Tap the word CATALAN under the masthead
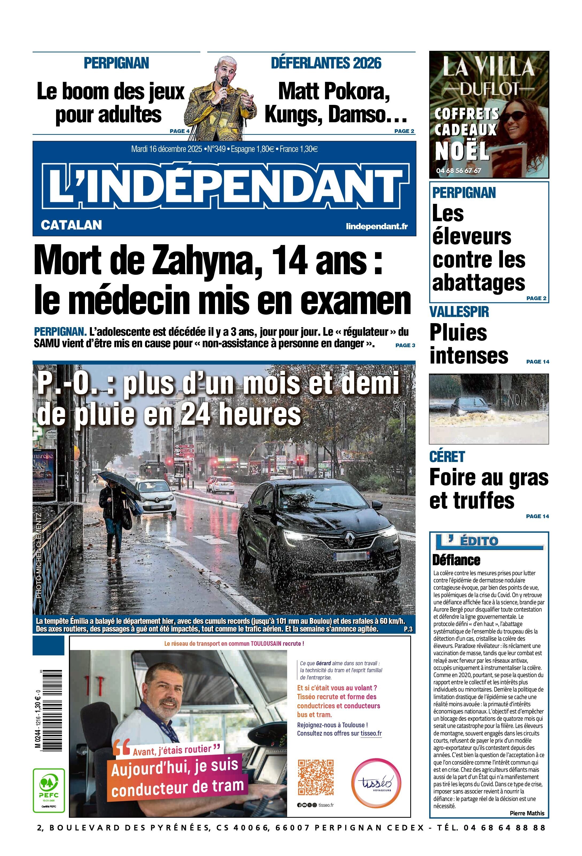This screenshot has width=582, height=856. pyautogui.click(x=71, y=225)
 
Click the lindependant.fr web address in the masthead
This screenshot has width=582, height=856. pyautogui.click(x=377, y=226)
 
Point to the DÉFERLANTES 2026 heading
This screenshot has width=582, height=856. pyautogui.click(x=326, y=63)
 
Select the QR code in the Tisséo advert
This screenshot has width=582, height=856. pyautogui.click(x=315, y=777)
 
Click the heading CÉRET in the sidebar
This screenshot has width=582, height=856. pyautogui.click(x=447, y=457)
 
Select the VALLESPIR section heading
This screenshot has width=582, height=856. pyautogui.click(x=459, y=312)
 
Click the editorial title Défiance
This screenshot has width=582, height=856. pyautogui.click(x=456, y=560)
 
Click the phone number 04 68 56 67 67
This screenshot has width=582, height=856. pyautogui.click(x=458, y=171)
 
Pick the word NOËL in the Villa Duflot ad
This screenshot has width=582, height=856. pyautogui.click(x=462, y=151)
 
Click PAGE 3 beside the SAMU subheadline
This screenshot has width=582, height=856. pyautogui.click(x=405, y=345)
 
